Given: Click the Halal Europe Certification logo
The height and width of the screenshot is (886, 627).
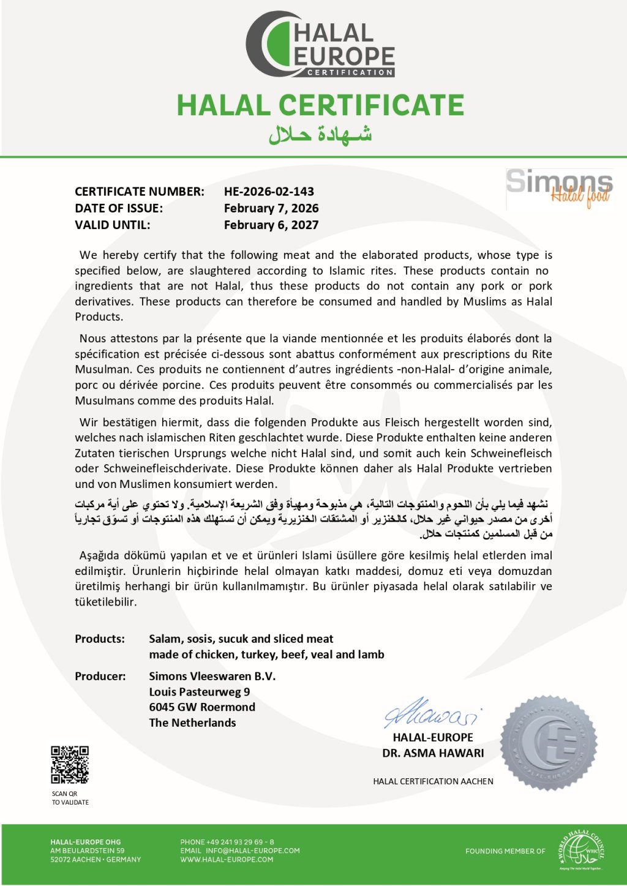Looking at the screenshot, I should tap(320, 44).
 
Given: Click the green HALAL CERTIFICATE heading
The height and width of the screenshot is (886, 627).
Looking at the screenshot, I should tap(320, 105).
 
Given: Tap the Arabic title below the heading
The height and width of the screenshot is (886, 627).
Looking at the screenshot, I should tap(320, 134).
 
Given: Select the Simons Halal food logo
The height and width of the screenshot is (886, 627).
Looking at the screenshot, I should tap(559, 189).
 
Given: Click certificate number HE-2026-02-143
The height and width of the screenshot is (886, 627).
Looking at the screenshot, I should tap(269, 192).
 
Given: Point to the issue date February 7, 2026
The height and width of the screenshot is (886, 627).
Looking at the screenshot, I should tap(271, 208).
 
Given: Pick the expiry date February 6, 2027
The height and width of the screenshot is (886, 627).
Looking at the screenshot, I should tap(271, 225).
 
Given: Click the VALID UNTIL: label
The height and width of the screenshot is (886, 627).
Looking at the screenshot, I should tap(112, 225).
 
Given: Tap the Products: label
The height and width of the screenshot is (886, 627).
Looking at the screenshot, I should tap(100, 639).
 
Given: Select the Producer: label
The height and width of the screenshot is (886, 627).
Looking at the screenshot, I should tap(100, 676).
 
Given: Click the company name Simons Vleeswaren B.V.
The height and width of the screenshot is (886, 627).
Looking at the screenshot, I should tap(212, 676).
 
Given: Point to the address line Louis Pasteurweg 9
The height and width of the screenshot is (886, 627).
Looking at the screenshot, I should tap(200, 692).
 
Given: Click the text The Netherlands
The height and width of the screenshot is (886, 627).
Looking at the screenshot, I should tap(192, 723).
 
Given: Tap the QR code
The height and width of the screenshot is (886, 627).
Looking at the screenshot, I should tap(70, 765).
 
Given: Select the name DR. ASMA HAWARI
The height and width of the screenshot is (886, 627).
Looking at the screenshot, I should tap(433, 753).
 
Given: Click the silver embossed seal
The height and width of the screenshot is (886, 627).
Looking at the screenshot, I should tap(548, 742).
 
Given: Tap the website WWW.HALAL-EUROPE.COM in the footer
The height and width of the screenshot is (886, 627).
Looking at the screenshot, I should tap(227, 860).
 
